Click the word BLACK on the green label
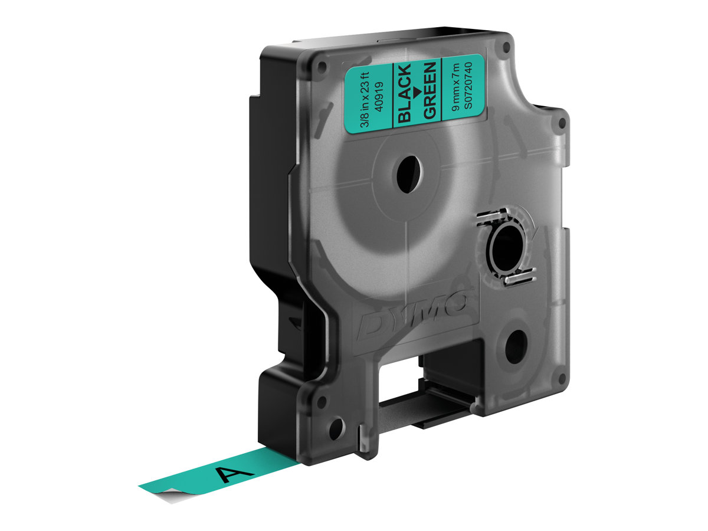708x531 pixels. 405,93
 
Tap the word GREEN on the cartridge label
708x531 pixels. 430,90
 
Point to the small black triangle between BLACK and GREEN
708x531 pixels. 417,91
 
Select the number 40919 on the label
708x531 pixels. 379,97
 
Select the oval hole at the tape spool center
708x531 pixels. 409,175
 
